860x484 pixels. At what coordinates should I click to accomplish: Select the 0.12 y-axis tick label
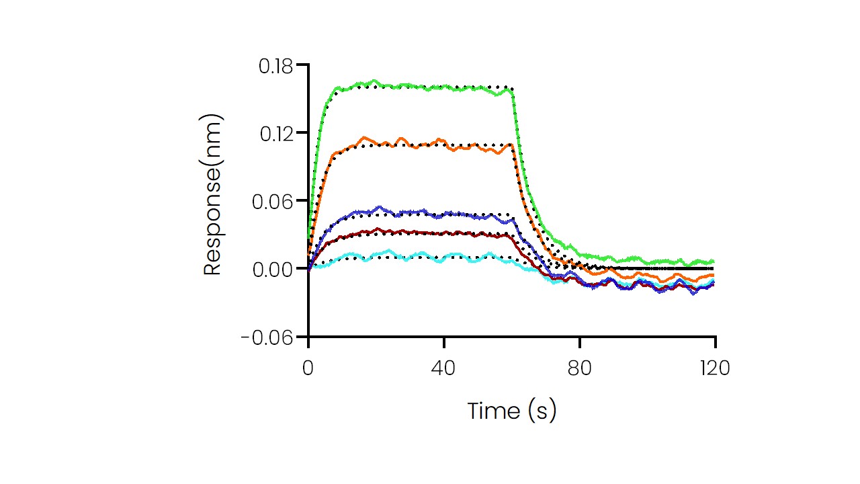[x=275, y=133]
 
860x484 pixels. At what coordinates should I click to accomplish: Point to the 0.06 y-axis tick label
[x=275, y=201]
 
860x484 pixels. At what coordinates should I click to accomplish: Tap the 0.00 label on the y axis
[x=275, y=269]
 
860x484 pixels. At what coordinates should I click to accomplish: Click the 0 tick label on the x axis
[x=308, y=368]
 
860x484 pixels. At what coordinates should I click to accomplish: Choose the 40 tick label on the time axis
[x=444, y=368]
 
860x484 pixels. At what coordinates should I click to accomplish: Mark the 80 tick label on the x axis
[x=580, y=368]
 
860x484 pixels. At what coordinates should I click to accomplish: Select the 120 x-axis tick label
[x=715, y=368]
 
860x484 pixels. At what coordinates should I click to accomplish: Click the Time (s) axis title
[x=512, y=411]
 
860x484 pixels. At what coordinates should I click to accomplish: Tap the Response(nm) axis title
[x=212, y=195]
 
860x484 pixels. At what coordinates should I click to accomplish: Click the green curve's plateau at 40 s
[x=444, y=87]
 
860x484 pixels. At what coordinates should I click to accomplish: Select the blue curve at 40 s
[x=444, y=214]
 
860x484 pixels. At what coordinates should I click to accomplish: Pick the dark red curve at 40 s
[x=444, y=233]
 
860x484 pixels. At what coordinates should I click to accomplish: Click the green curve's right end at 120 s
[x=713, y=261]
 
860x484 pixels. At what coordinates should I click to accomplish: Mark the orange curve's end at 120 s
[x=713, y=275]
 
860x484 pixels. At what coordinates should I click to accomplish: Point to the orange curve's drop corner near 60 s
[x=512, y=146]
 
